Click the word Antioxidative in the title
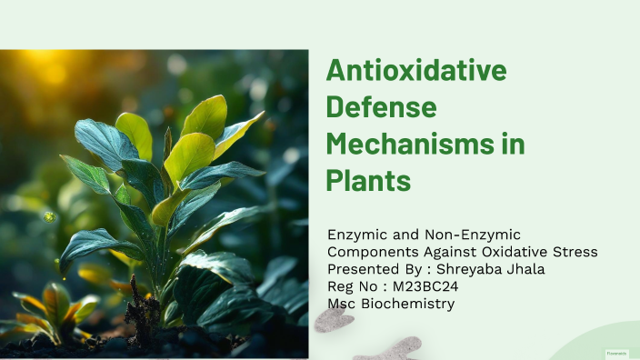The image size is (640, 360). [415, 70]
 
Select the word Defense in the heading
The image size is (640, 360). [382, 107]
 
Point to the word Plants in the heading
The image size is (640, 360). [368, 180]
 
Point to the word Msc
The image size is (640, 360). [341, 304]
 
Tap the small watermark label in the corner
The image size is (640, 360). [617, 352]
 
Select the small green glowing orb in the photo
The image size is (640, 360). [48, 216]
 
